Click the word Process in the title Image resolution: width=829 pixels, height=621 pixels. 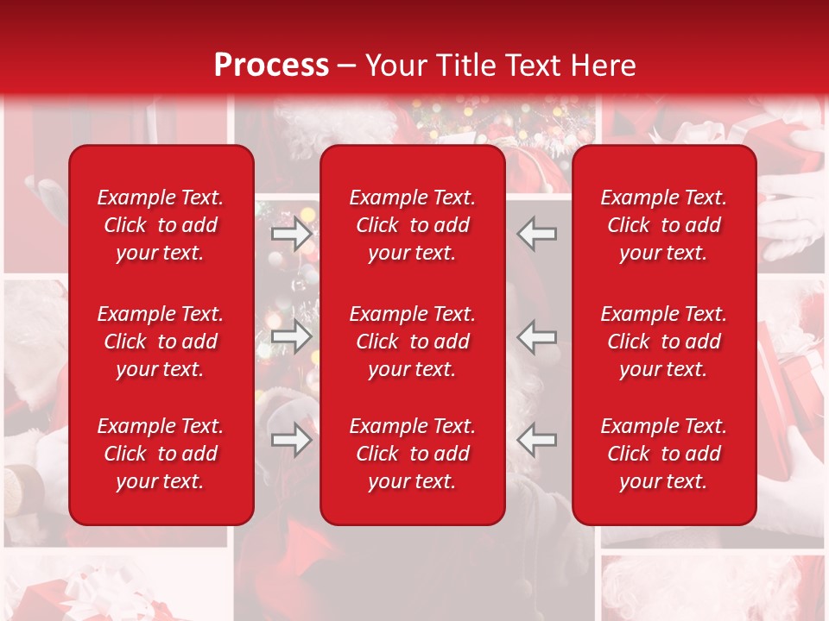click(x=271, y=66)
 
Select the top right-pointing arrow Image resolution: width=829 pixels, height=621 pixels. click(x=292, y=233)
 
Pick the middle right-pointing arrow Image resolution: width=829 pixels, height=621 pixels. click(x=292, y=337)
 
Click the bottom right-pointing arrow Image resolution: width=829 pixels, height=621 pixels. click(x=292, y=440)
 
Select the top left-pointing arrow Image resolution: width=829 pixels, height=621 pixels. click(x=536, y=233)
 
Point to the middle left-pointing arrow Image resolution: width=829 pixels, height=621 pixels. click(x=536, y=337)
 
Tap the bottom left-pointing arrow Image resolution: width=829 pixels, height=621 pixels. click(x=536, y=440)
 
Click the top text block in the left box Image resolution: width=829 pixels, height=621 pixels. click(x=161, y=225)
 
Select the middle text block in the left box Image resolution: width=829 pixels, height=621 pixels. click(x=161, y=342)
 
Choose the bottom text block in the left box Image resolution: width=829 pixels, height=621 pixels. click(x=161, y=454)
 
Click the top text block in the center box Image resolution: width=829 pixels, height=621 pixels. click(x=413, y=225)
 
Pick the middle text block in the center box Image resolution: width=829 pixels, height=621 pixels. click(x=413, y=342)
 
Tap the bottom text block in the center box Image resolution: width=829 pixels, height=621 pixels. click(x=413, y=454)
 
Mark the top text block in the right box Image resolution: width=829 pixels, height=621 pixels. click(x=664, y=225)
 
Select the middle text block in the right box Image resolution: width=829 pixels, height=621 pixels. click(x=664, y=342)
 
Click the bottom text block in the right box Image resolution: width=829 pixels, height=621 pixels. click(x=664, y=454)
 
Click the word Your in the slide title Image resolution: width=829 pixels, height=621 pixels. click(x=393, y=66)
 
